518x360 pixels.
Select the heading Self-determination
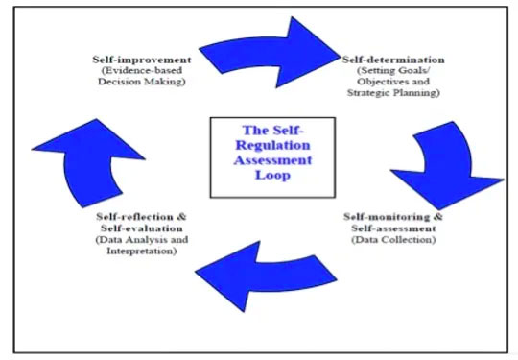click(x=390, y=60)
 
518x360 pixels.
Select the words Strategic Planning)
click(x=392, y=94)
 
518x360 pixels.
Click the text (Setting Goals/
click(x=392, y=71)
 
